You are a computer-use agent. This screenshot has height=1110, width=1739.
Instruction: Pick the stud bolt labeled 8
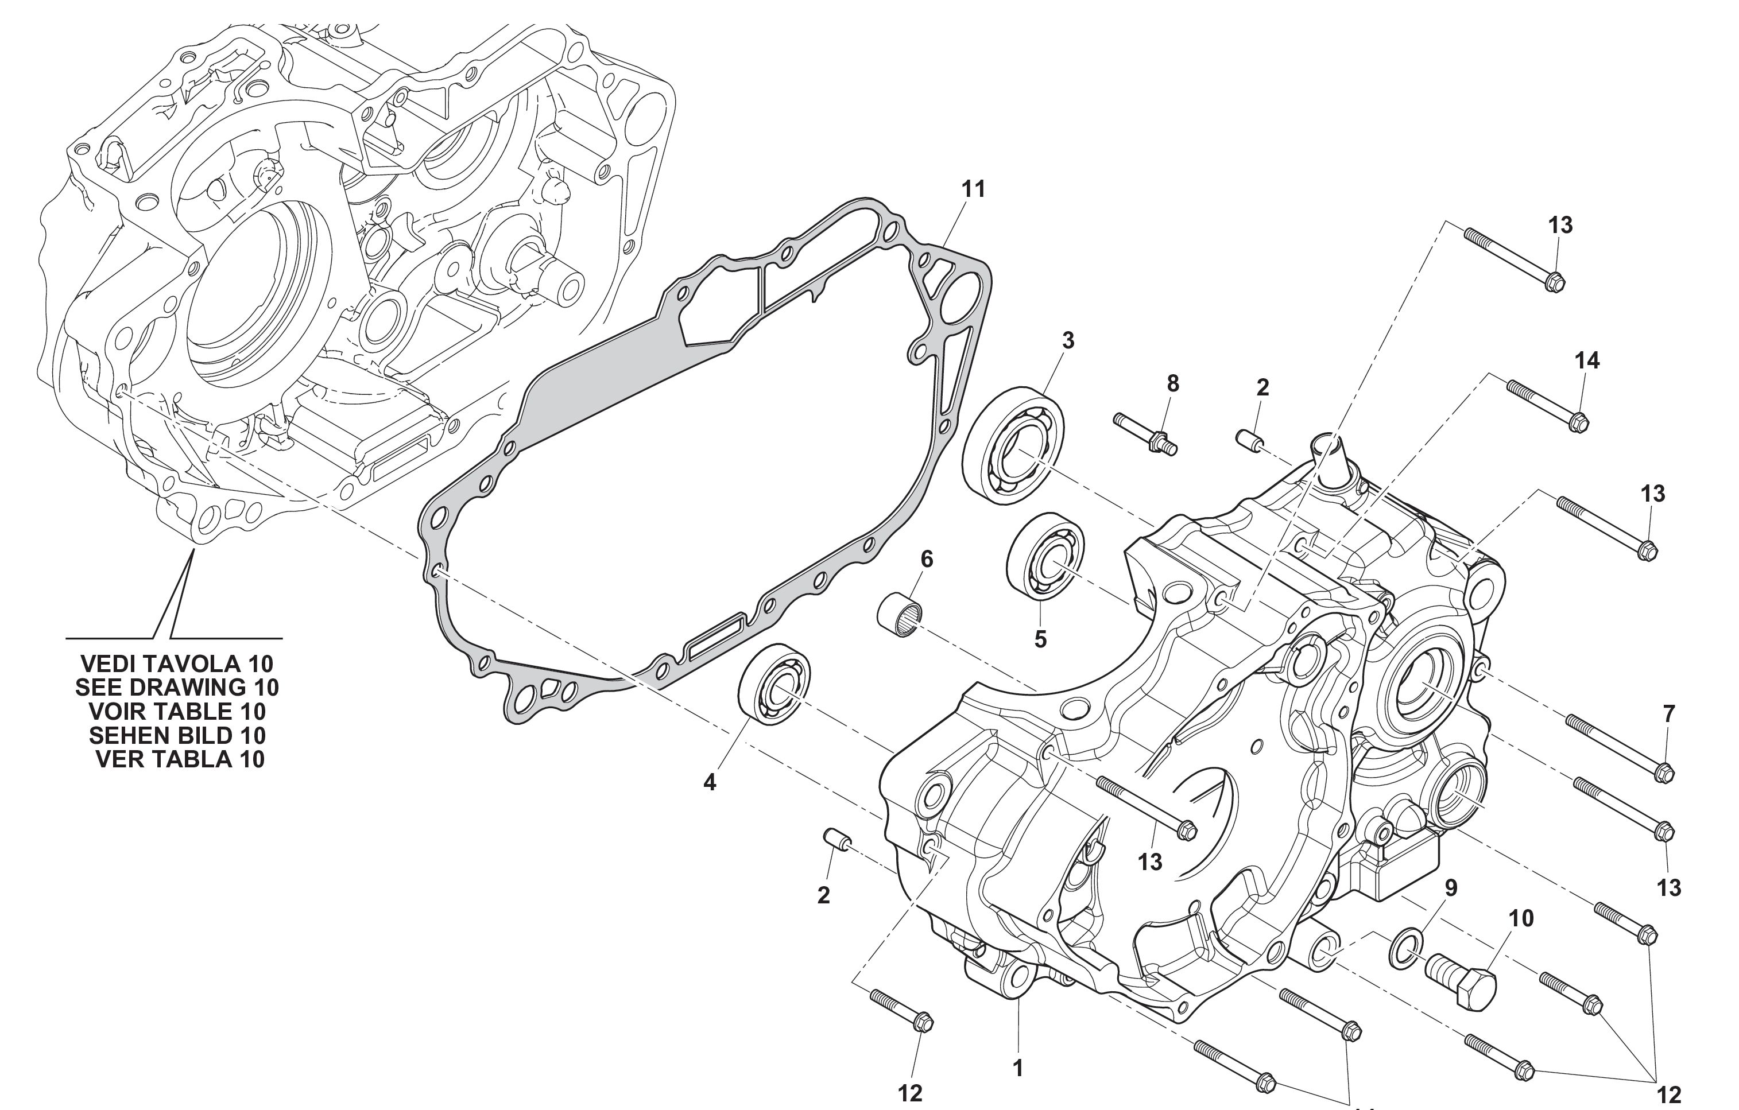[1145, 433]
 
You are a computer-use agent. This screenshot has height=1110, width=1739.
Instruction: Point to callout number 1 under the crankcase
[1018, 1068]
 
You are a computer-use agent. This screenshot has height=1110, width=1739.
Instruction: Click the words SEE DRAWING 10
[177, 687]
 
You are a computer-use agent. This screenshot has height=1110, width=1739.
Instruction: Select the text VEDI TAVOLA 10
[177, 663]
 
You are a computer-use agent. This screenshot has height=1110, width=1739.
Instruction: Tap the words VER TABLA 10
[180, 759]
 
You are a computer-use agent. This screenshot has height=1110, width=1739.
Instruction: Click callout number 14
[1587, 360]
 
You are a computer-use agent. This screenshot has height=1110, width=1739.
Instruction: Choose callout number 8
[1173, 383]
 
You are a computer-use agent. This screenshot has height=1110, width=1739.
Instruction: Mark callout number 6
[927, 559]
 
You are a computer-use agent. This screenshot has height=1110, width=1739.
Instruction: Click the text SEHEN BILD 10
[177, 735]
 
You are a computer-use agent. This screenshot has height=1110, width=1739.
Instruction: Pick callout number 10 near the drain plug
[1521, 919]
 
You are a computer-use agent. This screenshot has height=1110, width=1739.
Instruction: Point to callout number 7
[1668, 714]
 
